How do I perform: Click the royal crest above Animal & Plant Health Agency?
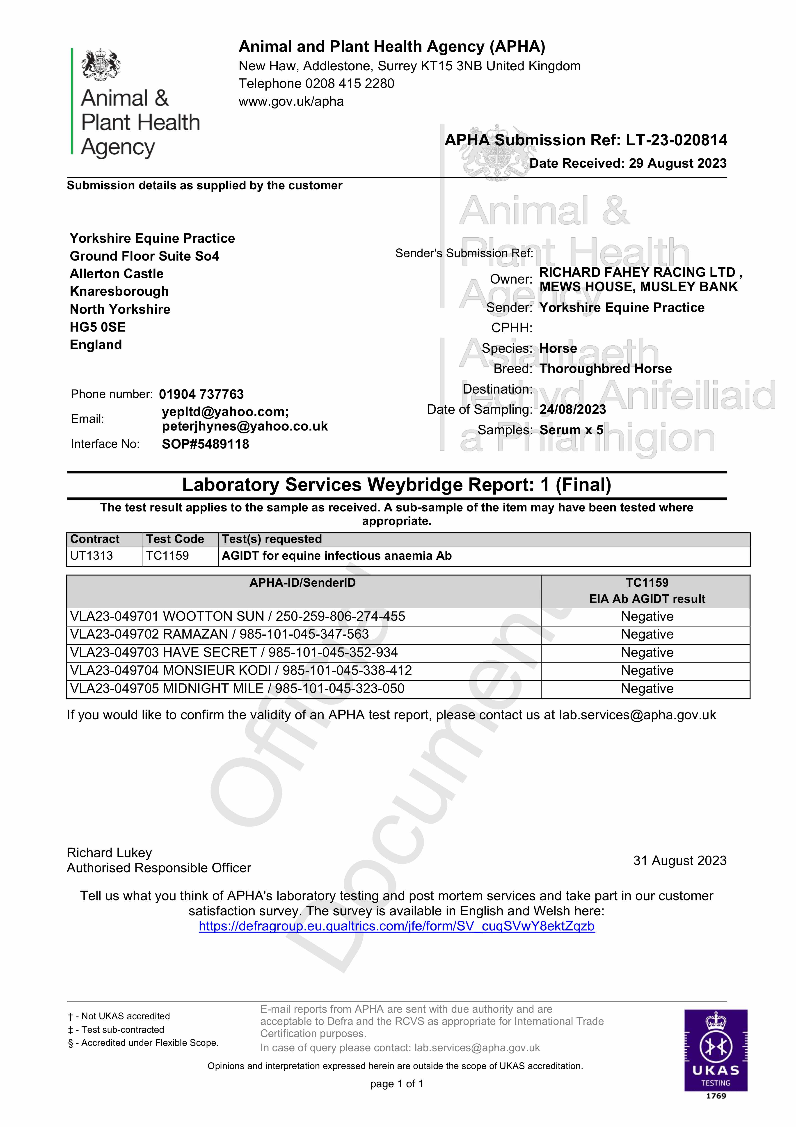[101, 64]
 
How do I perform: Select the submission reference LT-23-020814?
[676, 140]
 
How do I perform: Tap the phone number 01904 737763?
[201, 395]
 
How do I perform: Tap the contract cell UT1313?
[92, 556]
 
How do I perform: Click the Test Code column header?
[175, 539]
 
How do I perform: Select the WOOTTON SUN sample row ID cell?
[238, 616]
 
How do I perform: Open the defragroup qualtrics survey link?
[396, 927]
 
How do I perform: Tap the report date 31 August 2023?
[679, 861]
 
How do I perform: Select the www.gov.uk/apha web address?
[291, 102]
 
